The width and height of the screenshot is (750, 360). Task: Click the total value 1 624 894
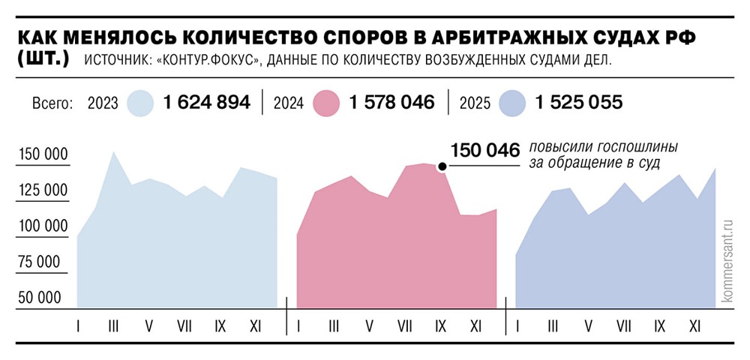207,103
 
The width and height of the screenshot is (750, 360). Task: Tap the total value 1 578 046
391,103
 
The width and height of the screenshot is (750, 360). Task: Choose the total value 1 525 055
578,103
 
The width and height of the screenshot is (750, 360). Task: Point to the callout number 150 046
484,150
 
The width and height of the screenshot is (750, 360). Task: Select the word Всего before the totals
52,104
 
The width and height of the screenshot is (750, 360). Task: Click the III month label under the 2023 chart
113,325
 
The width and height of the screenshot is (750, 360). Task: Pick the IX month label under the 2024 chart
440,325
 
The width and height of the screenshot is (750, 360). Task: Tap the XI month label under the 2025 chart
694,325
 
